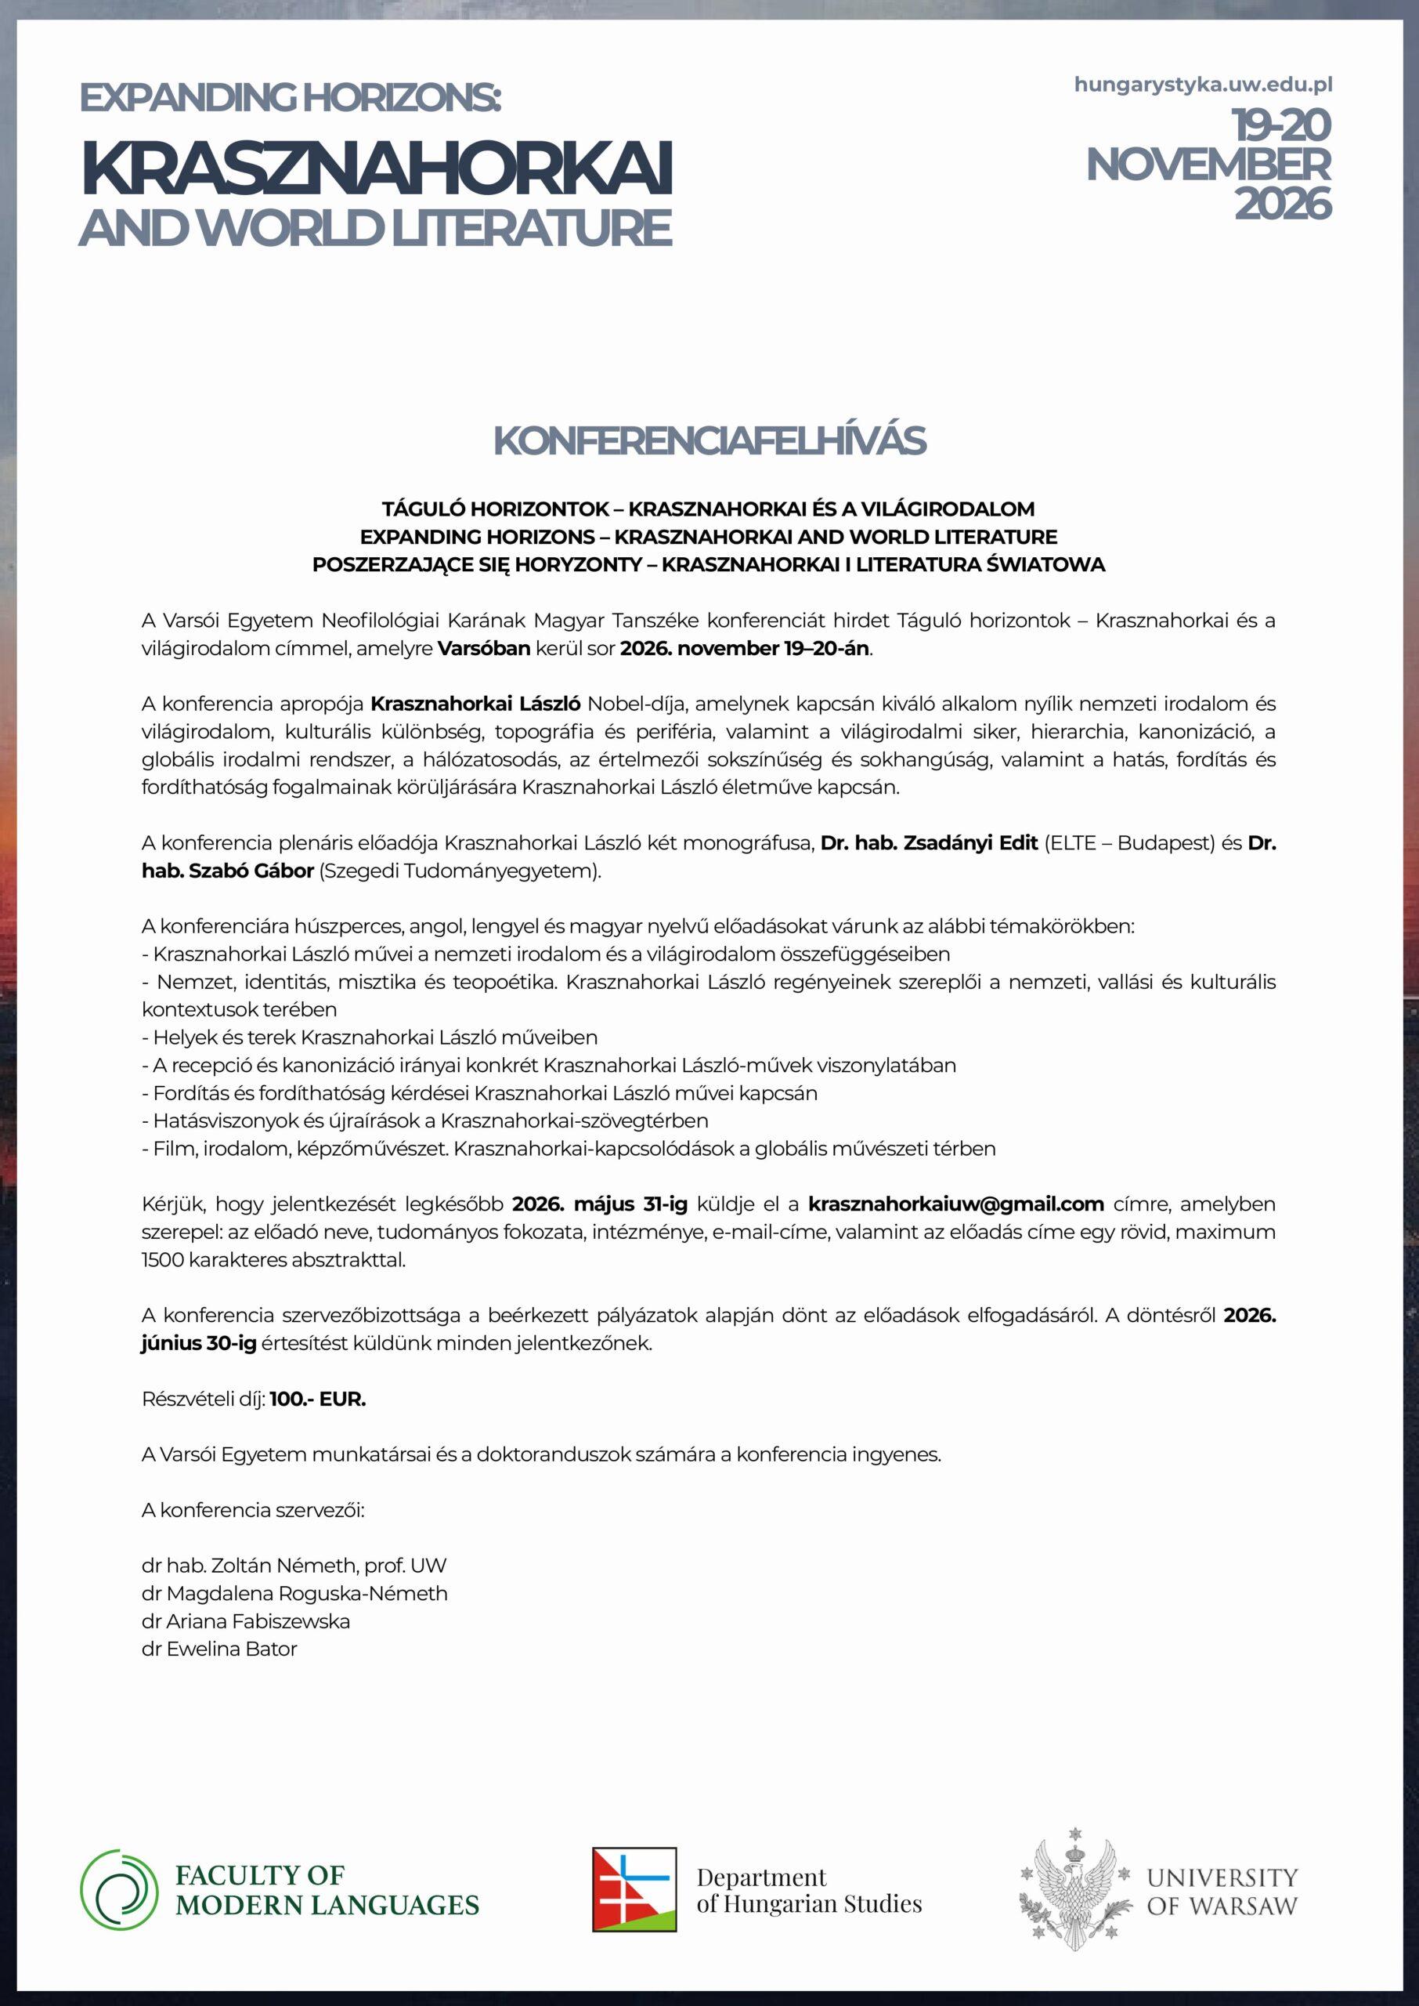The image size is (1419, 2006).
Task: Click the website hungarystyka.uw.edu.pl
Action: click(x=1202, y=85)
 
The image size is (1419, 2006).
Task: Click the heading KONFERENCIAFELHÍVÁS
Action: click(x=709, y=442)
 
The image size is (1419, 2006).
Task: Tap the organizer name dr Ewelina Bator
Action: click(x=219, y=1649)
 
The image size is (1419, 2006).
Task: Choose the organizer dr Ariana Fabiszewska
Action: click(x=246, y=1620)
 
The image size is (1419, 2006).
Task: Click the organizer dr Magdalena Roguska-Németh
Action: click(x=294, y=1592)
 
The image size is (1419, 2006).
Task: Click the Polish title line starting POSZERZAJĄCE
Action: click(x=709, y=565)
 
